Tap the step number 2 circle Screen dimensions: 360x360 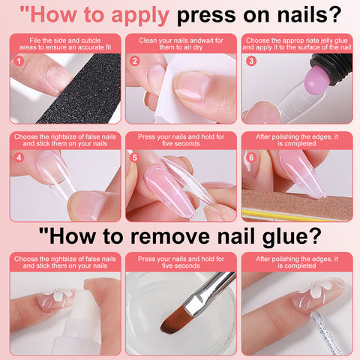135,61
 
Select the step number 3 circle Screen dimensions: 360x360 251,61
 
